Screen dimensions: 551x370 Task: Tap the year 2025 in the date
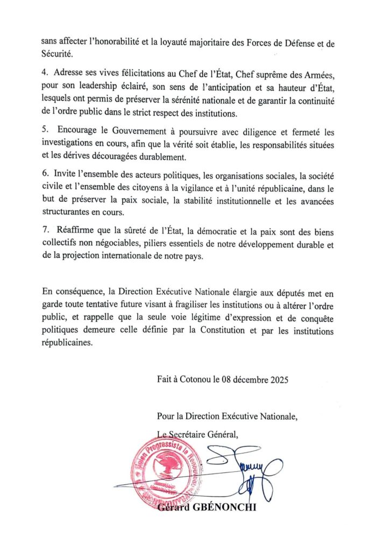click(279, 379)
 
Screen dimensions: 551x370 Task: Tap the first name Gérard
click(175, 506)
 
